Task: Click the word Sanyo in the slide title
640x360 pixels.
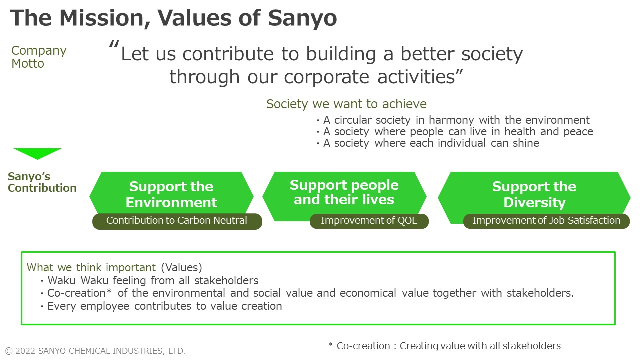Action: [x=302, y=19]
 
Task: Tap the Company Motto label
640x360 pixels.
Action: [x=39, y=57]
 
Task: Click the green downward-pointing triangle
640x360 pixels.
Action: [x=37, y=154]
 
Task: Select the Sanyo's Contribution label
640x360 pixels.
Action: [x=42, y=182]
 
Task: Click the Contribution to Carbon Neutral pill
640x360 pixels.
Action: [x=177, y=221]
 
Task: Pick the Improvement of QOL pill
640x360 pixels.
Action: [x=369, y=221]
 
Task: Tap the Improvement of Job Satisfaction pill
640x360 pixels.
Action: [x=546, y=221]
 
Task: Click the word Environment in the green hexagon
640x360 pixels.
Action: [x=171, y=202]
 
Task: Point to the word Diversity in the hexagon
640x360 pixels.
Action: [x=534, y=203]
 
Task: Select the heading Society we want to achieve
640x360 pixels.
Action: [x=346, y=104]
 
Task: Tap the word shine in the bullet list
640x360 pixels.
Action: [x=526, y=143]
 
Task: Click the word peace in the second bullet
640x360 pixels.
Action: [x=578, y=132]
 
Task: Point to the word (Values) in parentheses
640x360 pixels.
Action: [x=181, y=268]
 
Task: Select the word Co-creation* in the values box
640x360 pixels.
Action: [x=79, y=293]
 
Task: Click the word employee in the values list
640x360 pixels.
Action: [x=105, y=306]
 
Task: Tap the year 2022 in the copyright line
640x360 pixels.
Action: [x=25, y=351]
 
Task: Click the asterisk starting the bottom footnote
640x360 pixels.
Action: [x=331, y=344]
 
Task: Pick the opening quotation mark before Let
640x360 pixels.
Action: [x=114, y=44]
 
